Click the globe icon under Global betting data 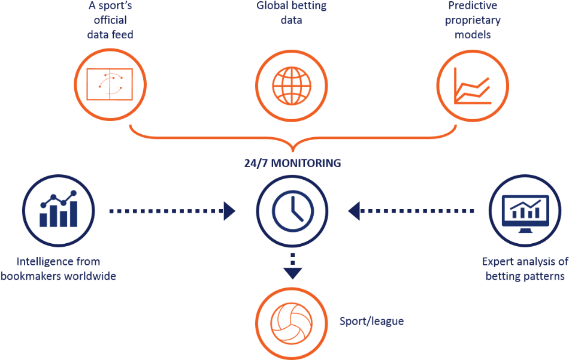point(292,84)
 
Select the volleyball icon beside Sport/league point(292,322)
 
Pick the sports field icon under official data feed point(111,84)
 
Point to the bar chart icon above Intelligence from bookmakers point(58,210)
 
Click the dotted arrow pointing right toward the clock point(172,210)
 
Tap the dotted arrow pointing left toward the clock point(411,210)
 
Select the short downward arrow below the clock point(292,267)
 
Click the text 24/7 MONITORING point(292,163)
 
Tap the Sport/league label point(371,322)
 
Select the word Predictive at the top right point(473,7)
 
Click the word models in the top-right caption point(473,35)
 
